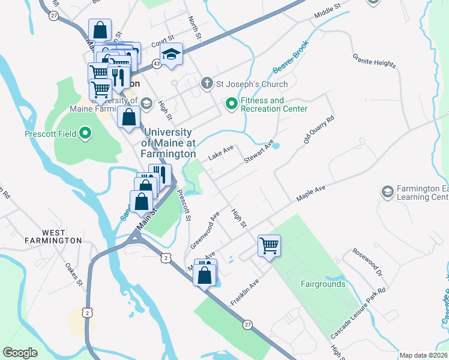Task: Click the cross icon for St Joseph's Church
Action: tap(206, 83)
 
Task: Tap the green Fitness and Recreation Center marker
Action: tap(232, 104)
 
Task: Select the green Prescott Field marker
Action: tap(86, 133)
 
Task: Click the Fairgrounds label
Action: tap(323, 284)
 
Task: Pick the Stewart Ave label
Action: tap(259, 152)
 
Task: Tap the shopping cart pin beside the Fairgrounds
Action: tap(270, 245)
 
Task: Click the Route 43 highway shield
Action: tap(156, 63)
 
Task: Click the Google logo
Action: tap(20, 353)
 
